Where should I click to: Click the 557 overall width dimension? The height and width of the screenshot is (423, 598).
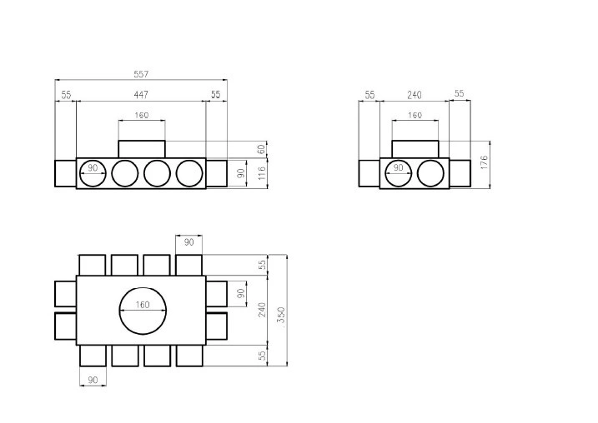[141, 74]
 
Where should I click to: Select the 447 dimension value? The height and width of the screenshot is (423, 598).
[141, 94]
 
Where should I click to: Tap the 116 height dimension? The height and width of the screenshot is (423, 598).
[262, 173]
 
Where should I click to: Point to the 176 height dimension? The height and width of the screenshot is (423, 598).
[484, 162]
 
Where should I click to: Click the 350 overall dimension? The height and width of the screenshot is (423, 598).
[281, 316]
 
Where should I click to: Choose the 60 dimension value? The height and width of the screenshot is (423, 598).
[261, 149]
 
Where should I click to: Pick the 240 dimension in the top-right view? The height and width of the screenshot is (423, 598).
[415, 95]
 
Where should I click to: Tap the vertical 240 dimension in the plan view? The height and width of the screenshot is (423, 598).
[262, 310]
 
